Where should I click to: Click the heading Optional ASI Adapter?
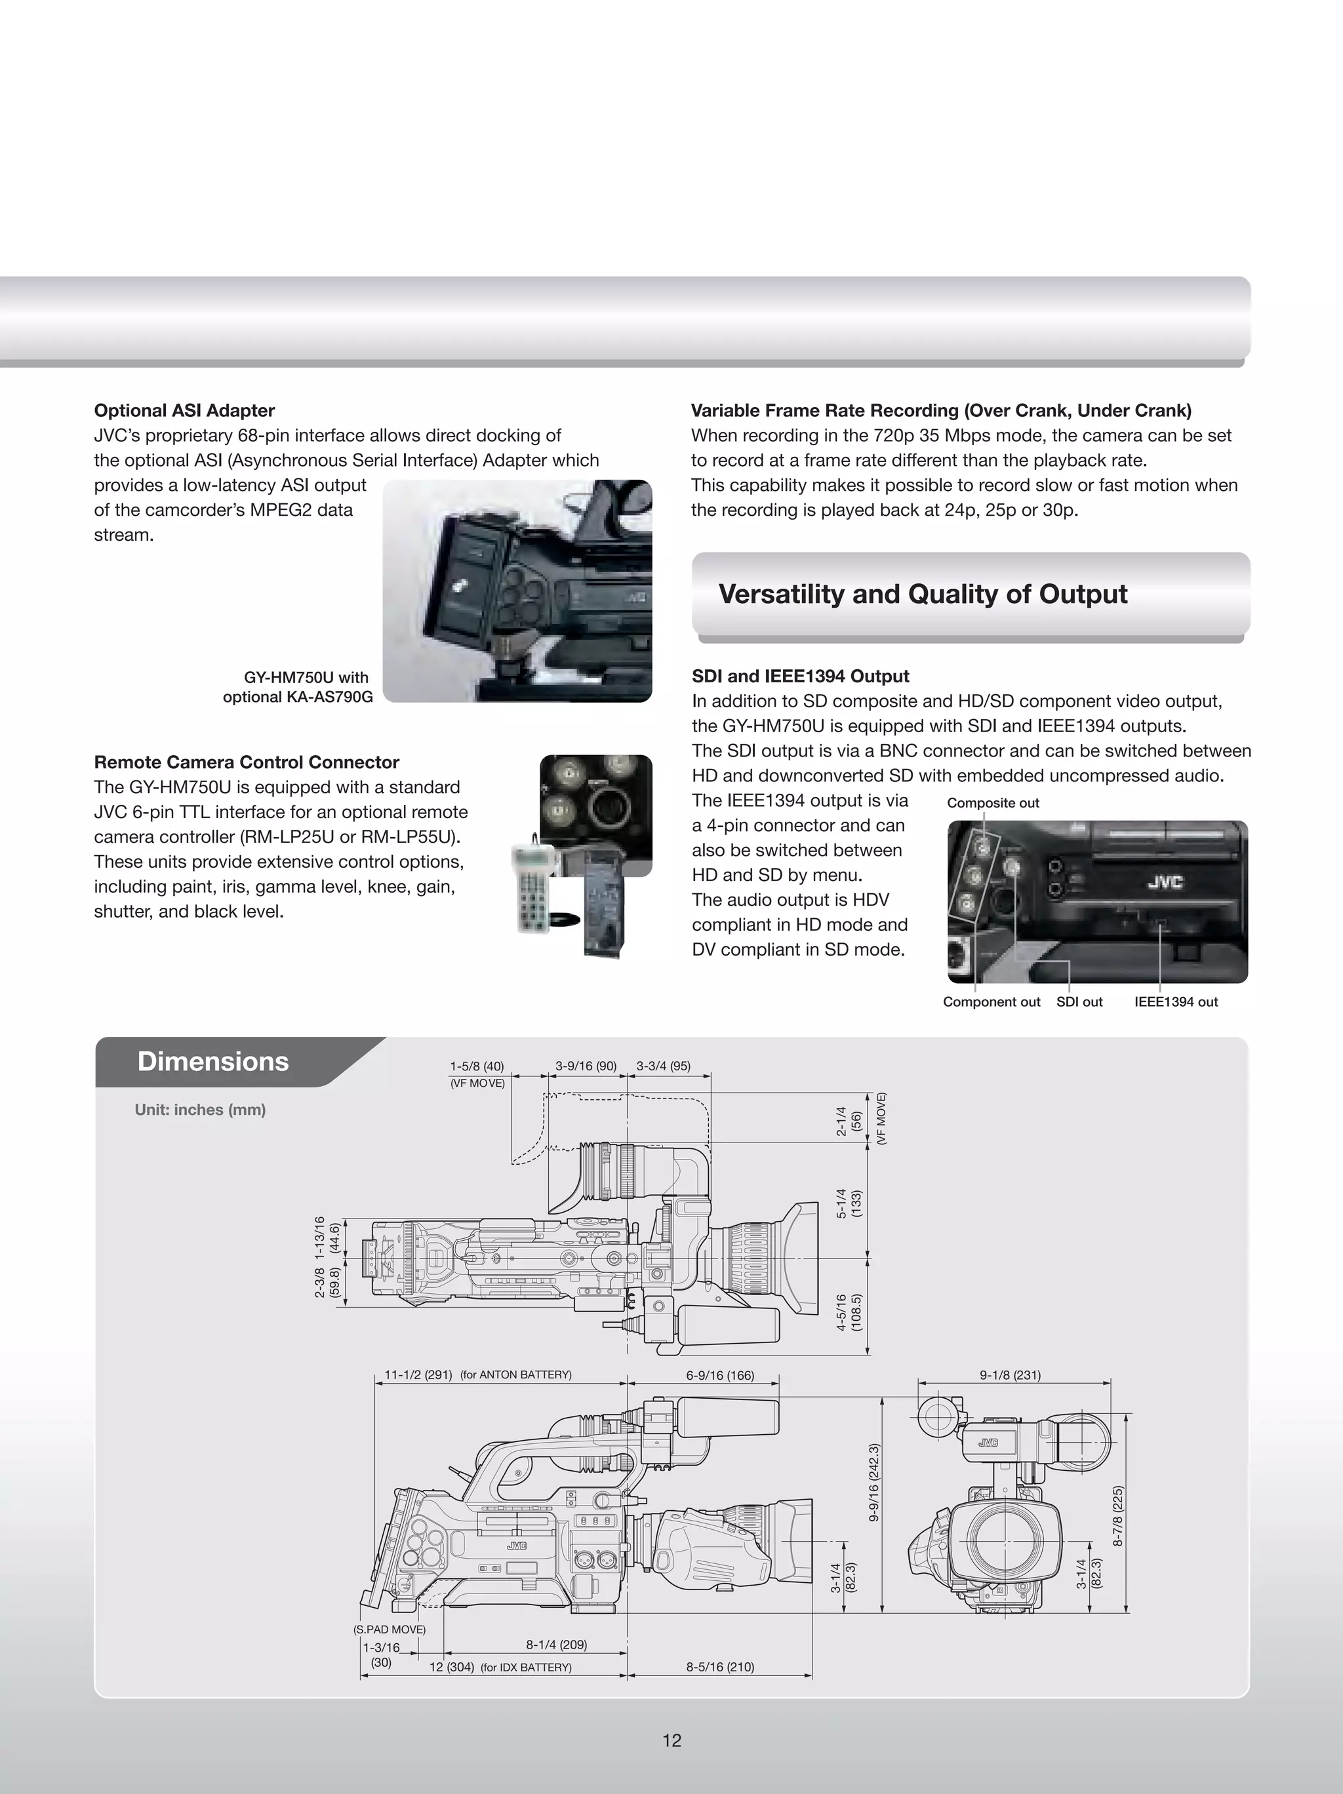(x=184, y=410)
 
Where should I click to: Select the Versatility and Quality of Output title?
(x=923, y=595)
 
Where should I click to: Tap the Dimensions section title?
(x=212, y=1062)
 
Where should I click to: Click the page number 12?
(x=671, y=1740)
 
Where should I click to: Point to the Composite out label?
(x=992, y=803)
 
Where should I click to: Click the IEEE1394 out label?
(x=1176, y=1002)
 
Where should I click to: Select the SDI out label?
(x=1079, y=1002)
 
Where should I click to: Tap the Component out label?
(x=991, y=1002)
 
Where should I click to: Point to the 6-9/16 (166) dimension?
(x=720, y=1376)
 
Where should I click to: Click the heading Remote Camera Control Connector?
(x=247, y=762)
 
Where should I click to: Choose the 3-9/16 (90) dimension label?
(x=586, y=1066)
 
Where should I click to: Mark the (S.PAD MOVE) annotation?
(x=390, y=1629)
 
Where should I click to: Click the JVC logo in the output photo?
(x=1165, y=882)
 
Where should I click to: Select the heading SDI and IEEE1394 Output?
(x=800, y=676)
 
